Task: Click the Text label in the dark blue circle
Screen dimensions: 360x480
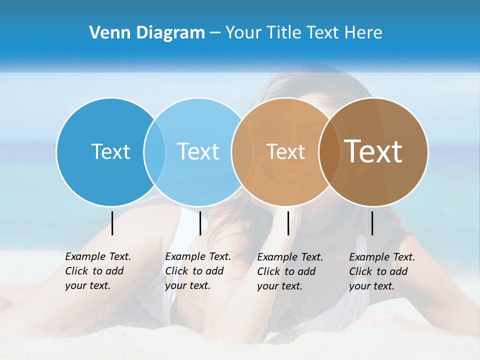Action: click(110, 151)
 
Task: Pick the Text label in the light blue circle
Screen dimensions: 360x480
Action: click(198, 151)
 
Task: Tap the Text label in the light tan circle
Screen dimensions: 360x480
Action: click(285, 151)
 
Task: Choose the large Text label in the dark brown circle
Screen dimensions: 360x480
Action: click(373, 151)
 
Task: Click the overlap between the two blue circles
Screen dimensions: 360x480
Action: click(154, 151)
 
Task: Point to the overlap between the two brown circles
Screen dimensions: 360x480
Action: click(329, 151)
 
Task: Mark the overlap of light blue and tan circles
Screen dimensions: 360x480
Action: click(242, 151)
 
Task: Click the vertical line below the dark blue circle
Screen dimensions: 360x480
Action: click(112, 223)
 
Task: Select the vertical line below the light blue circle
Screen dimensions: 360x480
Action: click(200, 223)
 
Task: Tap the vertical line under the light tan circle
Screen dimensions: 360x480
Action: click(288, 223)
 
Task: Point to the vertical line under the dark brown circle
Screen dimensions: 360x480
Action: click(372, 223)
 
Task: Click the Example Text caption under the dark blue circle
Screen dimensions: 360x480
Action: click(97, 271)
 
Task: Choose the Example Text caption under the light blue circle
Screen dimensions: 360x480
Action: click(197, 271)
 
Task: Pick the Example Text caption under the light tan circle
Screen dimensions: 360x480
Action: click(289, 271)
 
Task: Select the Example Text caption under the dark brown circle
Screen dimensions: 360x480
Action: click(381, 271)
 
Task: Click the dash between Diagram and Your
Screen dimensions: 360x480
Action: click(215, 33)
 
